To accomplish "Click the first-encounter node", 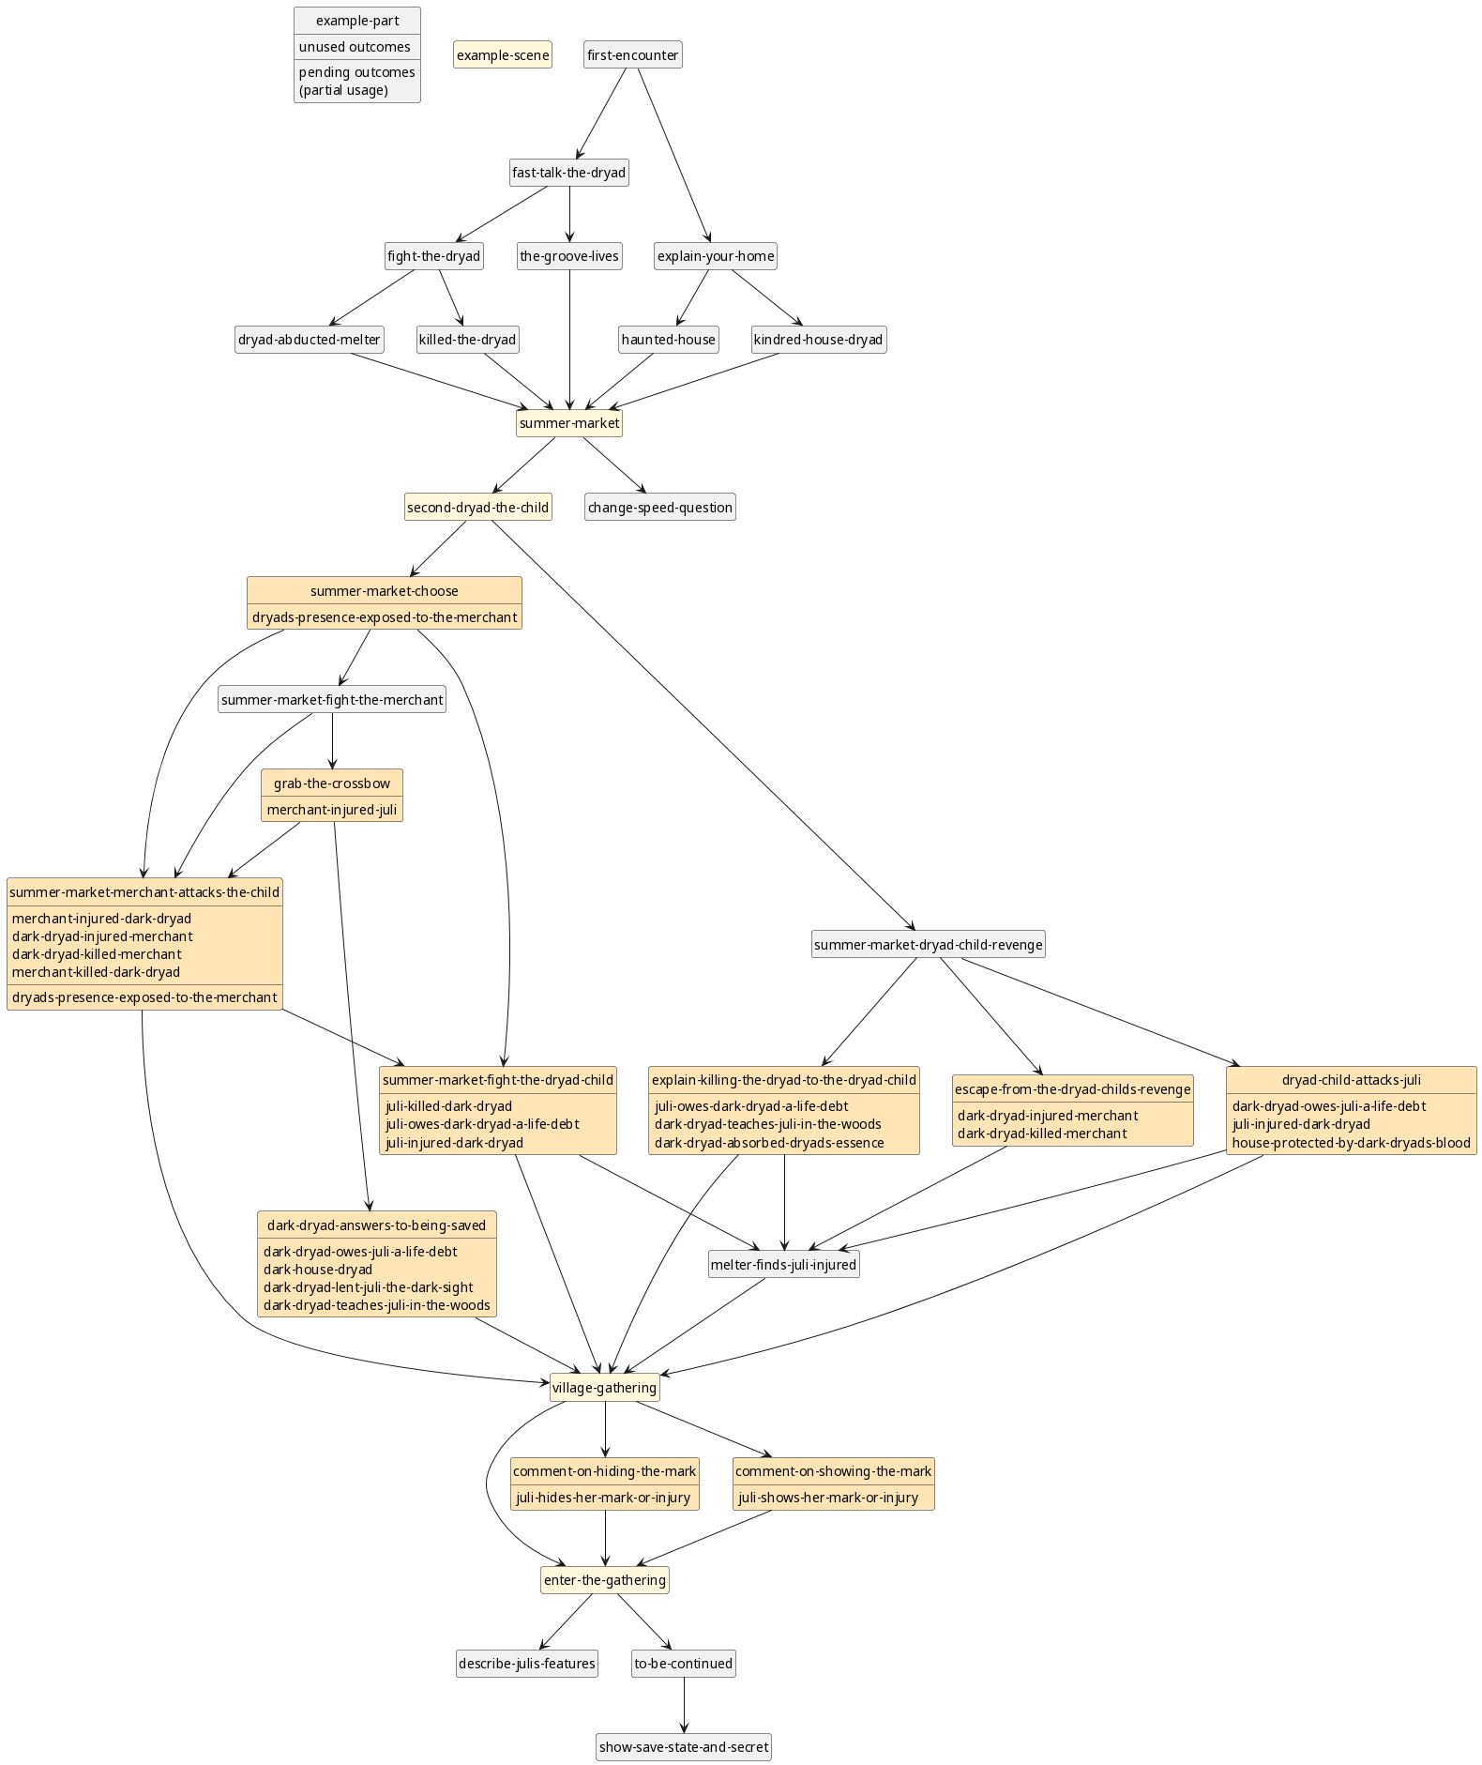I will click(632, 55).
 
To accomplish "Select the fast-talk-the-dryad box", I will click(568, 173).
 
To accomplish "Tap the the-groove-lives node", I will click(568, 256).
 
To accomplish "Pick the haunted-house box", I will click(668, 340).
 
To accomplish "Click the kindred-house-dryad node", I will click(818, 340).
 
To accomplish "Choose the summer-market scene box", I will click(568, 423).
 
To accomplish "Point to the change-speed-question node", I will click(659, 508).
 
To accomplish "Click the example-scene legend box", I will click(502, 55).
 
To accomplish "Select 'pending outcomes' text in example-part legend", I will click(356, 72).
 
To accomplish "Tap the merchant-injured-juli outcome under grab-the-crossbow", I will click(332, 810).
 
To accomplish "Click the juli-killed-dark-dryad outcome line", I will click(448, 1106).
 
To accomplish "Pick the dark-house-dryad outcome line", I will click(318, 1270).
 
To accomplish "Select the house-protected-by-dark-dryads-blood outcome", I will click(1351, 1143).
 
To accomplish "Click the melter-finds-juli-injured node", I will click(783, 1265).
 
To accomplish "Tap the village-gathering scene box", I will click(604, 1388).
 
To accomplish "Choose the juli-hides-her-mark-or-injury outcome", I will click(603, 1498).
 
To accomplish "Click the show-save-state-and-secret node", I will click(683, 1747).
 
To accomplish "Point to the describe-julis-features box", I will click(526, 1664).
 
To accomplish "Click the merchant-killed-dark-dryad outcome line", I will click(96, 972).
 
